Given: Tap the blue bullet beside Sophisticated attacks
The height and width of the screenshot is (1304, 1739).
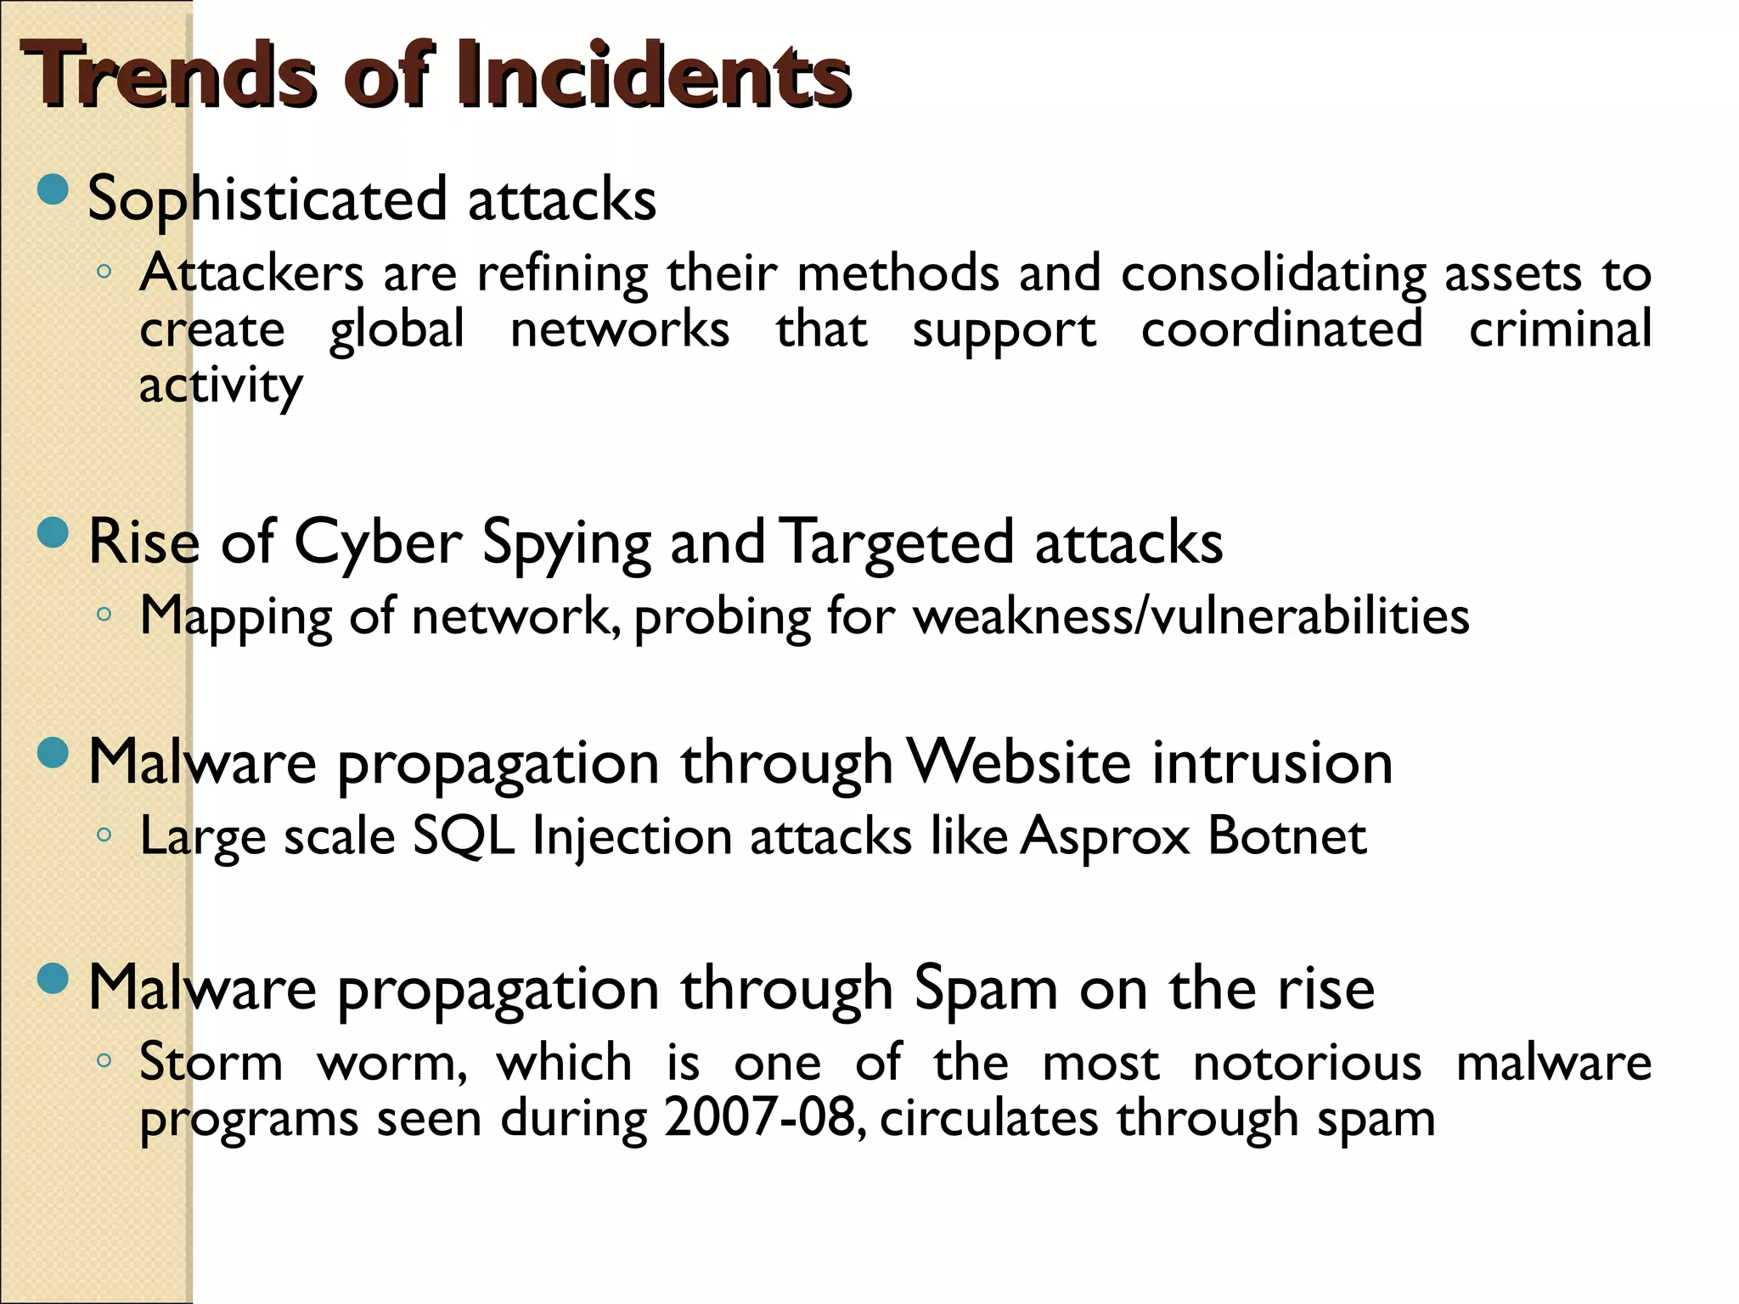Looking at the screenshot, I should click(x=53, y=189).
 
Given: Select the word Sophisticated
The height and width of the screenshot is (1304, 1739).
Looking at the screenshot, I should click(x=267, y=200).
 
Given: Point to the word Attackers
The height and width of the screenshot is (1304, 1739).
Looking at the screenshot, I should click(x=252, y=273).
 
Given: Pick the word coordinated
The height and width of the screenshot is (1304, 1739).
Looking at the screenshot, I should click(x=1281, y=329).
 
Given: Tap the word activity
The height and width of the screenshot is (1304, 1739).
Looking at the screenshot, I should click(x=221, y=386).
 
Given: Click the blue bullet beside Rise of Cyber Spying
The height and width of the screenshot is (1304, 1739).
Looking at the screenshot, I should click(x=53, y=533).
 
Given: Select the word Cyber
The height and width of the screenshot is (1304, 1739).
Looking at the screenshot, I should click(x=378, y=542).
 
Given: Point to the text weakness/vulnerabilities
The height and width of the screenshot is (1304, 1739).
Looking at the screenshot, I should click(x=1191, y=615).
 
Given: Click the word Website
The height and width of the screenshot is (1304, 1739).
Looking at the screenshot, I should click(x=1019, y=762).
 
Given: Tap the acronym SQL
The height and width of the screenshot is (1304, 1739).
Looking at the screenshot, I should click(x=464, y=836).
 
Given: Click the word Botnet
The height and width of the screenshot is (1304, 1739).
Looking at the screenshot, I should click(x=1287, y=836).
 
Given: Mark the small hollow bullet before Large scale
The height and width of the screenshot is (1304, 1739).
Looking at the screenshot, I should click(x=104, y=835).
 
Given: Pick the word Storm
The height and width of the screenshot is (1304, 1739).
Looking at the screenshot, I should click(x=211, y=1062).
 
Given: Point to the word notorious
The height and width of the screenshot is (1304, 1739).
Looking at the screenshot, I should click(x=1307, y=1062).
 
